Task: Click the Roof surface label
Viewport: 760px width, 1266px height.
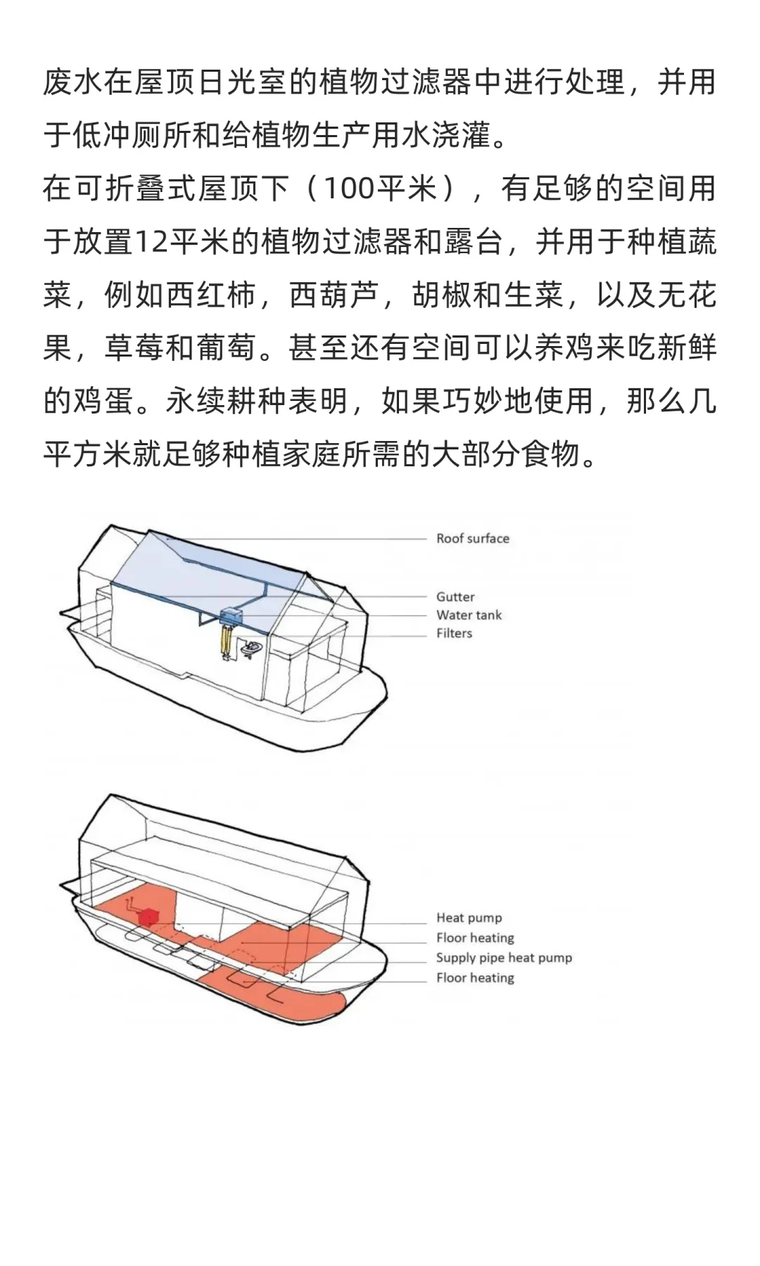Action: (472, 539)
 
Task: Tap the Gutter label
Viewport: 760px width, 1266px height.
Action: (455, 597)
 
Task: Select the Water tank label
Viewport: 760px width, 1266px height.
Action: (469, 615)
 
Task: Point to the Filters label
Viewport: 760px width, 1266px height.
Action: (454, 634)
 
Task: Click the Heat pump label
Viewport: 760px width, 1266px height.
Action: (469, 918)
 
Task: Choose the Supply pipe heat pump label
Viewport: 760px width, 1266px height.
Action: (504, 958)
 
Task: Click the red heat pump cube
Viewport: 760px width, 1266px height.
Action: (148, 917)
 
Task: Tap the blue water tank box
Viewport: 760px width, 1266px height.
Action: (231, 617)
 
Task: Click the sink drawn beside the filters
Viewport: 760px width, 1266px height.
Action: (250, 648)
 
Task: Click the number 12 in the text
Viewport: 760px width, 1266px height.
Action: (150, 242)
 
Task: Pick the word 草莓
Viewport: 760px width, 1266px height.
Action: (134, 348)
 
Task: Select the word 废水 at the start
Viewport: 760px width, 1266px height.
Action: (73, 82)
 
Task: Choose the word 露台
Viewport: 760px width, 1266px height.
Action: (472, 242)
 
